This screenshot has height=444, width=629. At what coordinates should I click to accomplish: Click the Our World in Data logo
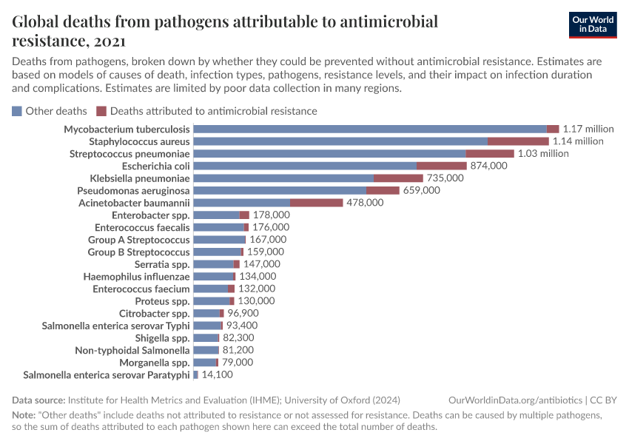coord(593,24)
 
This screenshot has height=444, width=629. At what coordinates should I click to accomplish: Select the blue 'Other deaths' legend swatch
coord(17,111)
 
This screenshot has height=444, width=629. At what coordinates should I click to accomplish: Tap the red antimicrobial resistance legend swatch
coord(101,111)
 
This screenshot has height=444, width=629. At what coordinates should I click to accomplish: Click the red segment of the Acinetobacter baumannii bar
coord(316,203)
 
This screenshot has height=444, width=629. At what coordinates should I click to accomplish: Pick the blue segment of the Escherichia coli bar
coord(305,166)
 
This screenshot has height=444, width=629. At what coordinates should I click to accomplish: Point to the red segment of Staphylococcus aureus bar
coord(518,141)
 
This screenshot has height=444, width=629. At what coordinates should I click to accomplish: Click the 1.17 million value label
coord(588,129)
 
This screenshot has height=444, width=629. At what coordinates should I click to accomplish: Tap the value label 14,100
coord(220,375)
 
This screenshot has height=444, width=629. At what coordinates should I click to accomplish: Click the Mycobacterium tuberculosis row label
coord(127,129)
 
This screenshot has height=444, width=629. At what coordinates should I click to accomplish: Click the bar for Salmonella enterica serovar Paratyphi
coord(195,375)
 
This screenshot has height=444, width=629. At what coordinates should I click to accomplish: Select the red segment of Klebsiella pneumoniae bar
coord(398,178)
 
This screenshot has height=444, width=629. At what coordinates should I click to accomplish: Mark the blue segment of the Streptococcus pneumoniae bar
coord(329,153)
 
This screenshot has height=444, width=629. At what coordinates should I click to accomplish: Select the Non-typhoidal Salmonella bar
coord(206,351)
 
